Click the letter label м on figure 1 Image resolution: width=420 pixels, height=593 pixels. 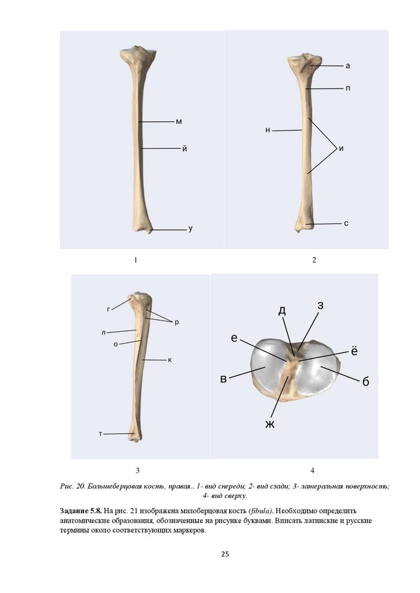[179, 122]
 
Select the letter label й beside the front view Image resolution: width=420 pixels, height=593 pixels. [184, 148]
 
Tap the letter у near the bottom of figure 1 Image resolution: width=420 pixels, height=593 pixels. [190, 229]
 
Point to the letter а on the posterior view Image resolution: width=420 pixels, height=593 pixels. [347, 66]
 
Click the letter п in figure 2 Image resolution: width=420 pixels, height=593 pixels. [347, 89]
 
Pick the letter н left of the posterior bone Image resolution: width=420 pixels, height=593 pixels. [267, 130]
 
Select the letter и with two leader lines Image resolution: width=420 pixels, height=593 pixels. [341, 148]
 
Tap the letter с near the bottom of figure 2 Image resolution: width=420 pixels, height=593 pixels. [346, 223]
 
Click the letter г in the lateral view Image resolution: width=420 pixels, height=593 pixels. [108, 309]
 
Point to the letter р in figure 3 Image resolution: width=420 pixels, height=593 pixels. [176, 321]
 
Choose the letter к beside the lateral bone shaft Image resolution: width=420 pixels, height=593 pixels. [169, 360]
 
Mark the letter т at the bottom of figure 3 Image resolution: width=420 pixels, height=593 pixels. [100, 433]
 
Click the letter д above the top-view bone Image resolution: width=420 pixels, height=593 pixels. [282, 310]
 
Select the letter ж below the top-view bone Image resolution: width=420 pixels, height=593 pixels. [270, 424]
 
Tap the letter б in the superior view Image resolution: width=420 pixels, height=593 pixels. [365, 382]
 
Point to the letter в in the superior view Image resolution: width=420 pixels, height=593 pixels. [223, 379]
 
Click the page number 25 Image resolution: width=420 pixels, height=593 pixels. [225, 554]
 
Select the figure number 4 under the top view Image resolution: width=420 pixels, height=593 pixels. [312, 470]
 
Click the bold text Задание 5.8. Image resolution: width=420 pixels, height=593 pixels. [81, 511]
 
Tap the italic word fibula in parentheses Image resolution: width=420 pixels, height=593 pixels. [260, 511]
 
